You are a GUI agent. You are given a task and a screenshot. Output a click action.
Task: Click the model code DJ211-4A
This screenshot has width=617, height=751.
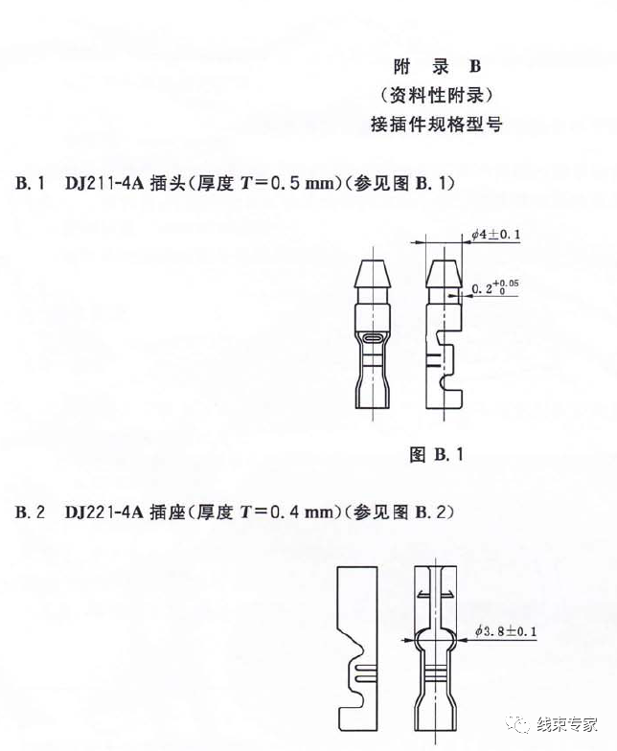point(104,181)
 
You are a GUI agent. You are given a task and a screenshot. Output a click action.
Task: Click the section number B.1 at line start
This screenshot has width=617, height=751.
point(31,181)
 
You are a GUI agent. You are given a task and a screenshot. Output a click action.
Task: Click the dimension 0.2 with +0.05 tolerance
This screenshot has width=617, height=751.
point(497,287)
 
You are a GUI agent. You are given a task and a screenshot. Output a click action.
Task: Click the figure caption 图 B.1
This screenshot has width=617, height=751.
point(436,455)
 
